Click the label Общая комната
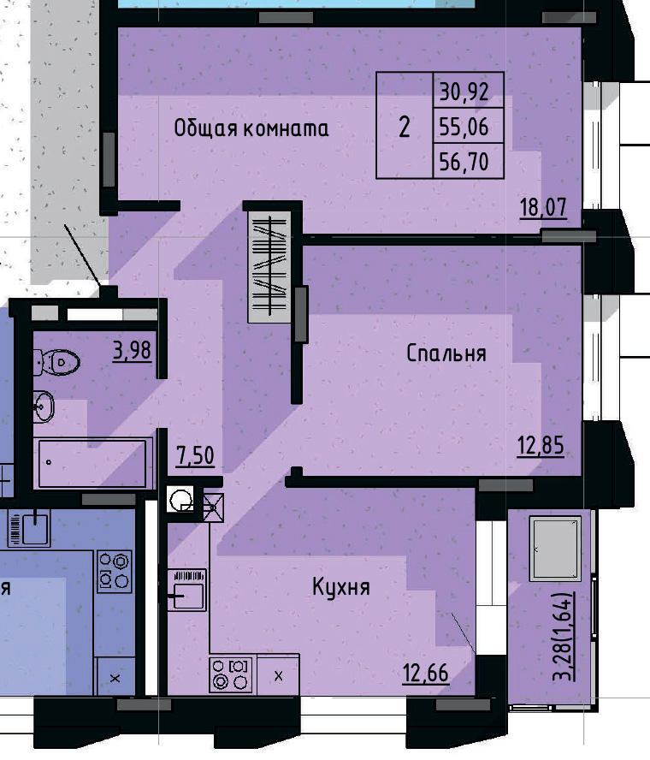pos(251,128)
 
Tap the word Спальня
pos(446,353)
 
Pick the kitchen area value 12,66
pos(425,673)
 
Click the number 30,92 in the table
pos(464,89)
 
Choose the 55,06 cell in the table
pos(464,128)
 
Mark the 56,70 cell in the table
pos(464,162)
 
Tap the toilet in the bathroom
pos(57,363)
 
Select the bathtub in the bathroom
pos(92,464)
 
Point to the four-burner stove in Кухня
pos(230,673)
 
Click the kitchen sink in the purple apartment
pos(186,589)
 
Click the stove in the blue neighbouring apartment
pos(115,570)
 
